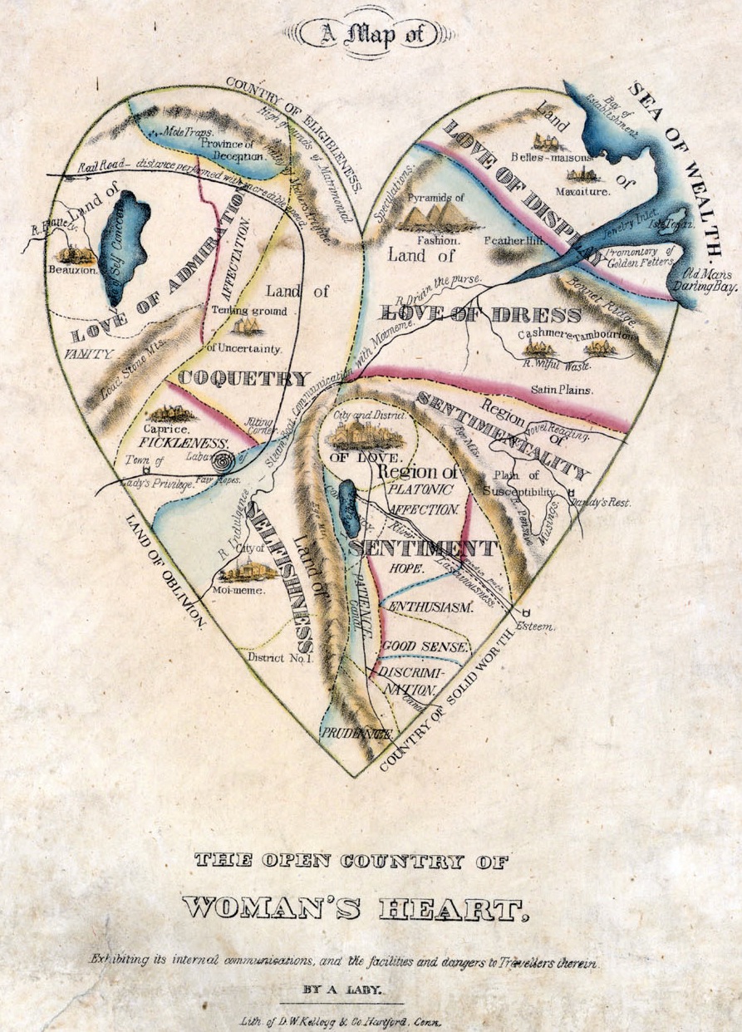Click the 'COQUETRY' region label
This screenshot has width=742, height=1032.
click(243, 378)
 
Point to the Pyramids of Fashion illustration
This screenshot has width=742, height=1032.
click(437, 216)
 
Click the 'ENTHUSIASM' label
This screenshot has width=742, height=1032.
click(430, 607)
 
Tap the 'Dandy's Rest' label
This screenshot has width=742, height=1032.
click(606, 503)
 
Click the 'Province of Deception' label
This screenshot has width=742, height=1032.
click(232, 149)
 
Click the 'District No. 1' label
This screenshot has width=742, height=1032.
click(279, 657)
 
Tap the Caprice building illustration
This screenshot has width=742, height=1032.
click(173, 413)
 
